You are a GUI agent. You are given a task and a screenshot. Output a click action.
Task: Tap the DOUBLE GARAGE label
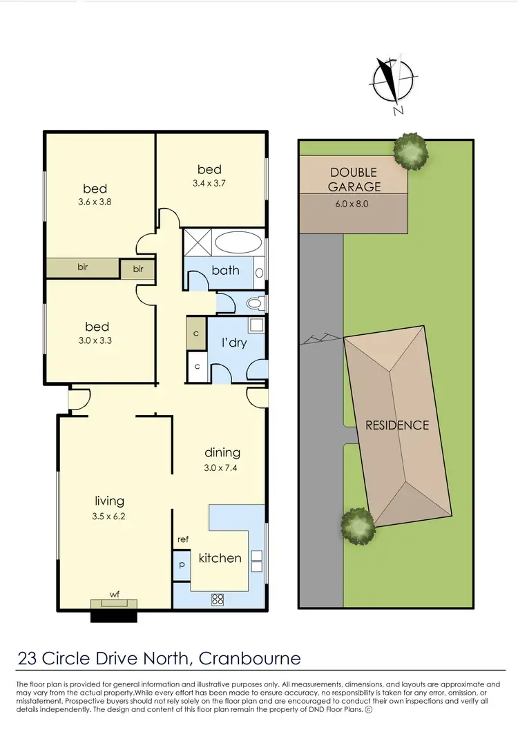pos(353,180)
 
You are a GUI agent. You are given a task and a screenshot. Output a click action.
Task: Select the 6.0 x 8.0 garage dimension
pos(353,204)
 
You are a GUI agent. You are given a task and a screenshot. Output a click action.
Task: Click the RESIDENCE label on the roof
pos(397,425)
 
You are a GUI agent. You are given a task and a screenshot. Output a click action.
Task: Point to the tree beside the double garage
pos(410,149)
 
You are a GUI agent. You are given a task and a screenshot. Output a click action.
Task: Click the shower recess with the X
pos(196,244)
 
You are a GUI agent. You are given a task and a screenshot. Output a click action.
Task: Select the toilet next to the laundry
pos(253,303)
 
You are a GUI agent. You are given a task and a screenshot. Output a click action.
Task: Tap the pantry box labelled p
pos(182,564)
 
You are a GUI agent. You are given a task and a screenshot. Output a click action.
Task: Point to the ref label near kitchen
pos(182,539)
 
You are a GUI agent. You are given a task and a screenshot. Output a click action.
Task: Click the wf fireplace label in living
pos(114,592)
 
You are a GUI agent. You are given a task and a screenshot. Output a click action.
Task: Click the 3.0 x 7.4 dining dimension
pos(222,467)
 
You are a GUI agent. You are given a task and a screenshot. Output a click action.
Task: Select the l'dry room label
pos(234,343)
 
